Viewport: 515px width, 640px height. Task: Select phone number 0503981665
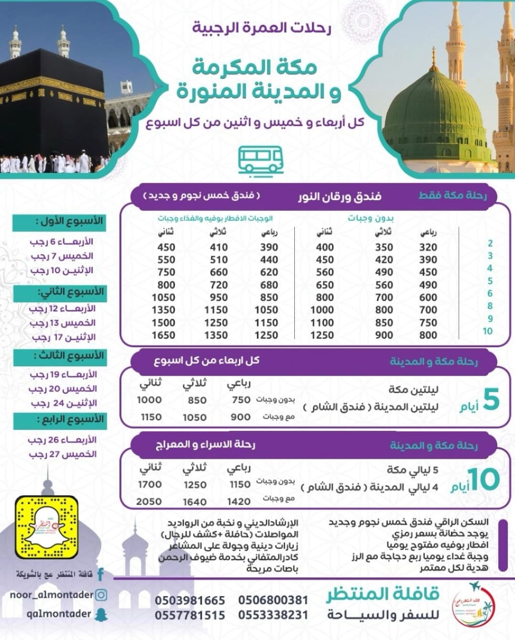click(190, 600)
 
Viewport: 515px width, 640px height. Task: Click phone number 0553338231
click(273, 615)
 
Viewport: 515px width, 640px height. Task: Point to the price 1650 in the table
click(163, 335)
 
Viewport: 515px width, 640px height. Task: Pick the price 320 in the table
click(428, 247)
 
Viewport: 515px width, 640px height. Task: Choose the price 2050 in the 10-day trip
click(149, 501)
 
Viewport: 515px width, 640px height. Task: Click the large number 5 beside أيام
click(491, 400)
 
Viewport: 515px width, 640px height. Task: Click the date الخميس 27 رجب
click(63, 454)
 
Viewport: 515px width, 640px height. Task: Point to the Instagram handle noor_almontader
click(52, 595)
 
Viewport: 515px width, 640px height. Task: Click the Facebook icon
click(101, 574)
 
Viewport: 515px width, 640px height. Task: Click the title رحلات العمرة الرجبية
click(261, 28)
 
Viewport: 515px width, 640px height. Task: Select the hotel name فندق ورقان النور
click(340, 196)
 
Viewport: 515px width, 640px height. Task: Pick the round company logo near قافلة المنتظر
click(473, 604)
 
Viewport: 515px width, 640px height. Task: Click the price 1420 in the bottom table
click(239, 501)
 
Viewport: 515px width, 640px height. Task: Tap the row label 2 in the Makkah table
click(490, 243)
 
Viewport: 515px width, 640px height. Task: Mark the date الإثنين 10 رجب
click(62, 271)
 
